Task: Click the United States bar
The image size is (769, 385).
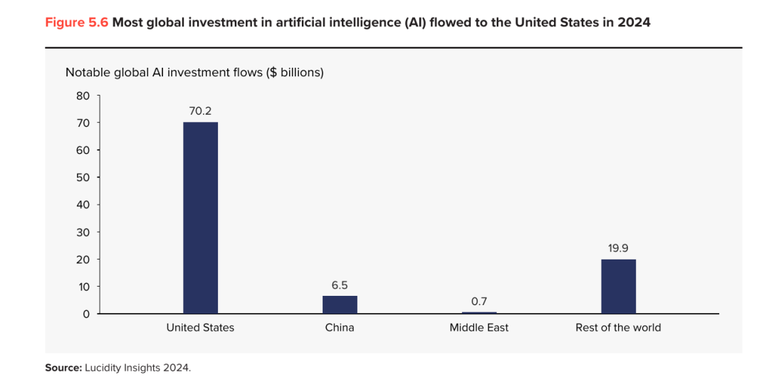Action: coord(201,217)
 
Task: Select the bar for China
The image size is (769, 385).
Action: coord(340,304)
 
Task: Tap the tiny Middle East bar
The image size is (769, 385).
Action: coord(479,312)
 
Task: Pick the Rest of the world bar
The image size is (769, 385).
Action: coord(619,287)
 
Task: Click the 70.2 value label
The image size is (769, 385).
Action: coord(201,111)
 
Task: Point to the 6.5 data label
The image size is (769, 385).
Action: coord(340,284)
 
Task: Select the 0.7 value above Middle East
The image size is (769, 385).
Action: coord(479,301)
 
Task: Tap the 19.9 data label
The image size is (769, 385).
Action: coord(619,249)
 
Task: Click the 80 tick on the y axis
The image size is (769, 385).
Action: coord(83,96)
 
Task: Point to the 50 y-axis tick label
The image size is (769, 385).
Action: coord(83,178)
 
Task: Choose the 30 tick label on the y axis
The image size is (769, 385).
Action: coord(83,232)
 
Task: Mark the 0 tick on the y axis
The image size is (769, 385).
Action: coord(86,314)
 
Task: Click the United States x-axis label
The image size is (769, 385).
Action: coord(200,327)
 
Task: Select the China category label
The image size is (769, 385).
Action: coord(340,327)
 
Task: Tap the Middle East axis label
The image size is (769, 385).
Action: coord(479,327)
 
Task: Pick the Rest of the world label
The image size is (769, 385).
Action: coord(619,327)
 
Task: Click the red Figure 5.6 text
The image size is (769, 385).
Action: coord(77,23)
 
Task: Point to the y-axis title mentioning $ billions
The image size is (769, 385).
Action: coord(194,72)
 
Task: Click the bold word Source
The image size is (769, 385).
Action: coord(63,367)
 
